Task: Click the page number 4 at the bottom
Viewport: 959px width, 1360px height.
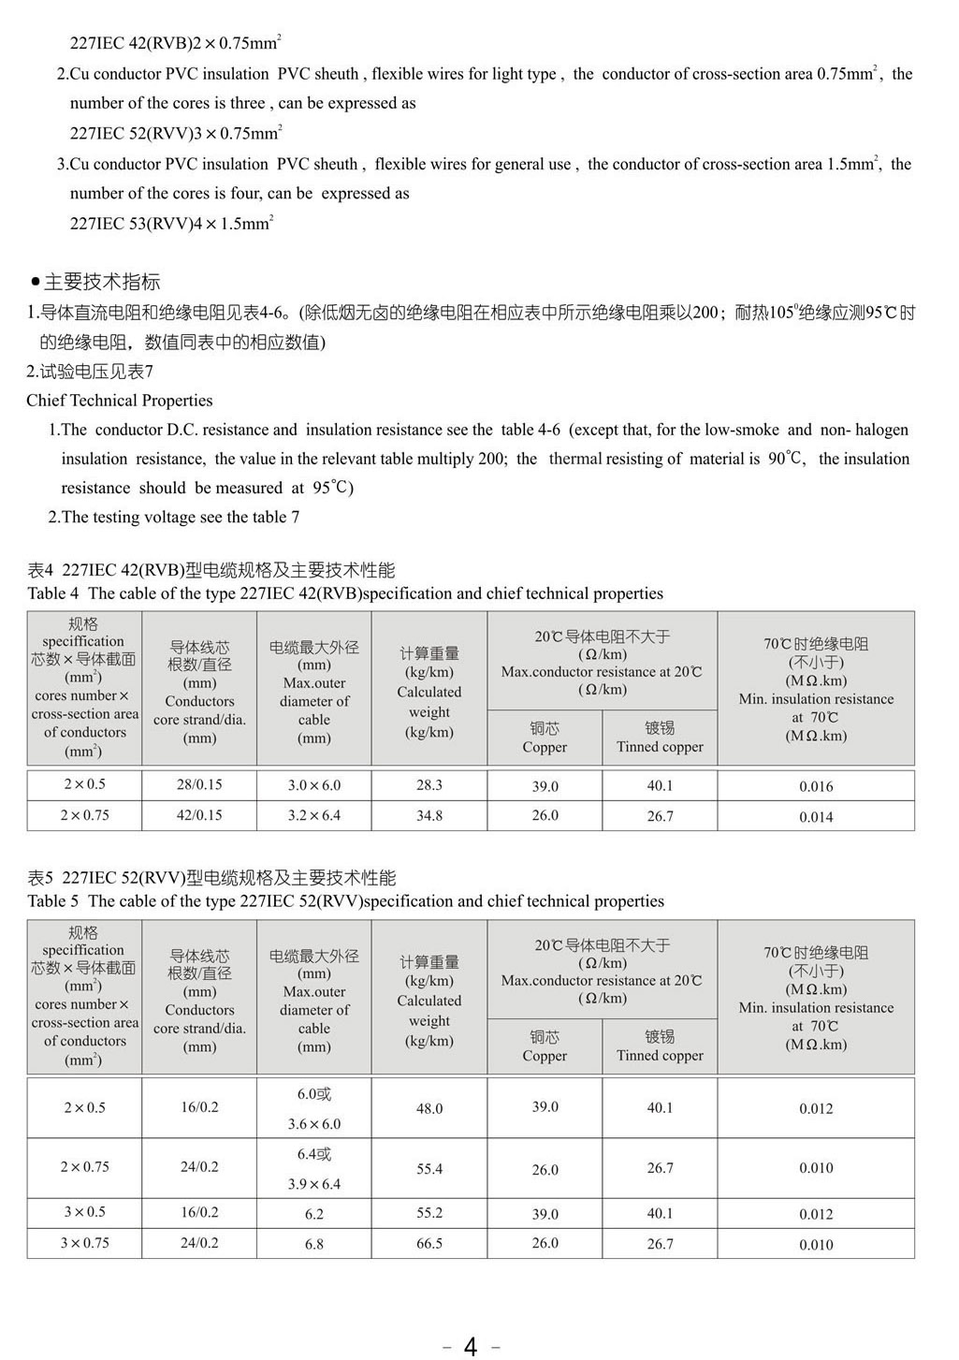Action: tap(470, 1346)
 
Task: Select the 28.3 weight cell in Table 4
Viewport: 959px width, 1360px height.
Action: tap(429, 785)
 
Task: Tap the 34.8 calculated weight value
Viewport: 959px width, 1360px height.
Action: tap(429, 815)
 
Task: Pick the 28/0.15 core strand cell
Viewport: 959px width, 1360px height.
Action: tap(199, 784)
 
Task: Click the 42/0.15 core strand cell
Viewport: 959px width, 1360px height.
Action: tap(199, 815)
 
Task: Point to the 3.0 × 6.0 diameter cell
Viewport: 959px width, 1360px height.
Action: tap(314, 785)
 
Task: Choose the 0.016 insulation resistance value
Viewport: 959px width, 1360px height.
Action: tap(816, 786)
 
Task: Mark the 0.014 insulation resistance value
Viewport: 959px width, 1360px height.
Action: tap(816, 816)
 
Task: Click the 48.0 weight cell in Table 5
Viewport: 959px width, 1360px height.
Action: tap(429, 1108)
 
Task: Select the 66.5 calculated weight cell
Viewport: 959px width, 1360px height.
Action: tap(429, 1243)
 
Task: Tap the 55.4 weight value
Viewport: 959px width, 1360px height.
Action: tap(429, 1169)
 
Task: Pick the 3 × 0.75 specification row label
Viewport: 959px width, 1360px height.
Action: tap(85, 1243)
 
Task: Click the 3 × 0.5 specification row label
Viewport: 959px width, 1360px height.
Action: tap(85, 1212)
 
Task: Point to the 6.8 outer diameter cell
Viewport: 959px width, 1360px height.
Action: tap(314, 1244)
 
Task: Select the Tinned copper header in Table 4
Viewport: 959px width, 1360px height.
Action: tap(660, 738)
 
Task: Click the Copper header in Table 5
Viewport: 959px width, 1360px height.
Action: tap(545, 1047)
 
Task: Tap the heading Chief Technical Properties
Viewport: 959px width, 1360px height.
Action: tap(120, 401)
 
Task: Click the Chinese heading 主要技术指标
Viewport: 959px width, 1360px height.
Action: tap(102, 282)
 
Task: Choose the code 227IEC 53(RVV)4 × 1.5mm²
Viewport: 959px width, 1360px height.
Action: tap(171, 224)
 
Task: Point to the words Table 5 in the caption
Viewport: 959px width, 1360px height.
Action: tap(47, 901)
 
